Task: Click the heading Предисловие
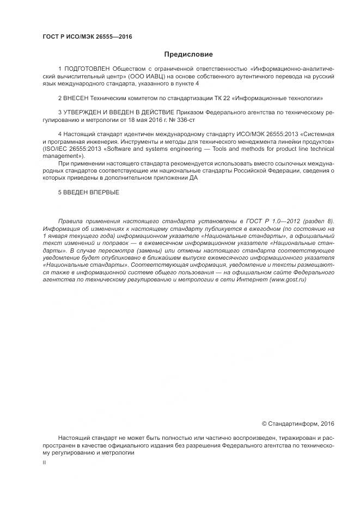pos(188,54)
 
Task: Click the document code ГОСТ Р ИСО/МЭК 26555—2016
pos(87,36)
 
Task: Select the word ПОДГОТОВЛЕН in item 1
pos(86,70)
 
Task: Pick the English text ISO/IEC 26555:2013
pos(71,148)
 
